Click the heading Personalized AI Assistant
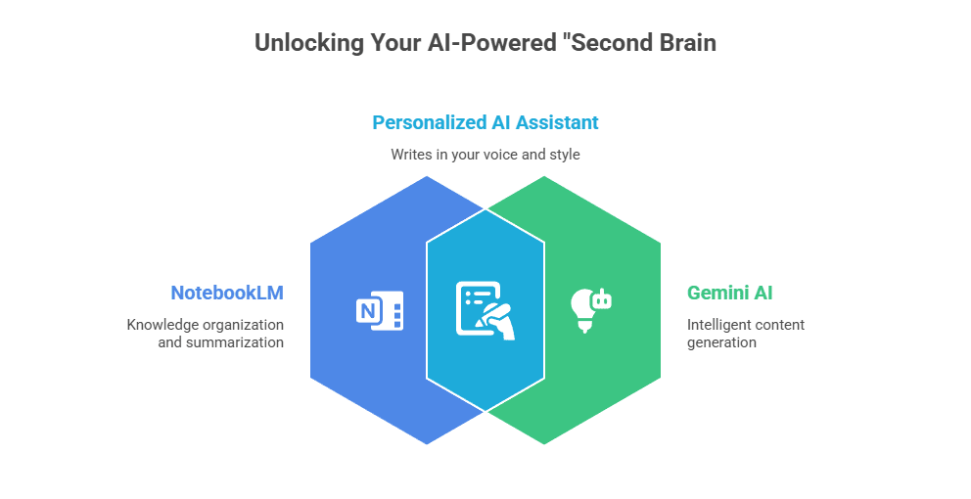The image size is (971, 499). [x=485, y=122]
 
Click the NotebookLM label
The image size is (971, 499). [x=227, y=293]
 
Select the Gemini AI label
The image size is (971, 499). [x=729, y=293]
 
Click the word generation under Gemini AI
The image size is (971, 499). [x=721, y=343]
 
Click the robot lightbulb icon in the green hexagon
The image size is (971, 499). [x=590, y=308]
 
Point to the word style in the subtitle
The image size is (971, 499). [x=563, y=155]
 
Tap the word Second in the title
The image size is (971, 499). [x=612, y=43]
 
